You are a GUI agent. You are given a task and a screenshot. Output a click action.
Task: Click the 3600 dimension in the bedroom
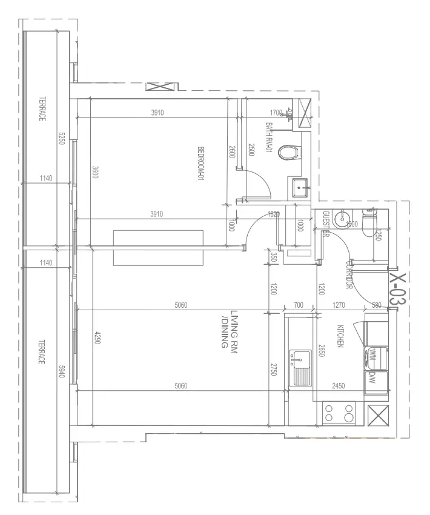coord(95,173)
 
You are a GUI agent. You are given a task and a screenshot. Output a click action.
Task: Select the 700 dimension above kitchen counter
coord(298,305)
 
